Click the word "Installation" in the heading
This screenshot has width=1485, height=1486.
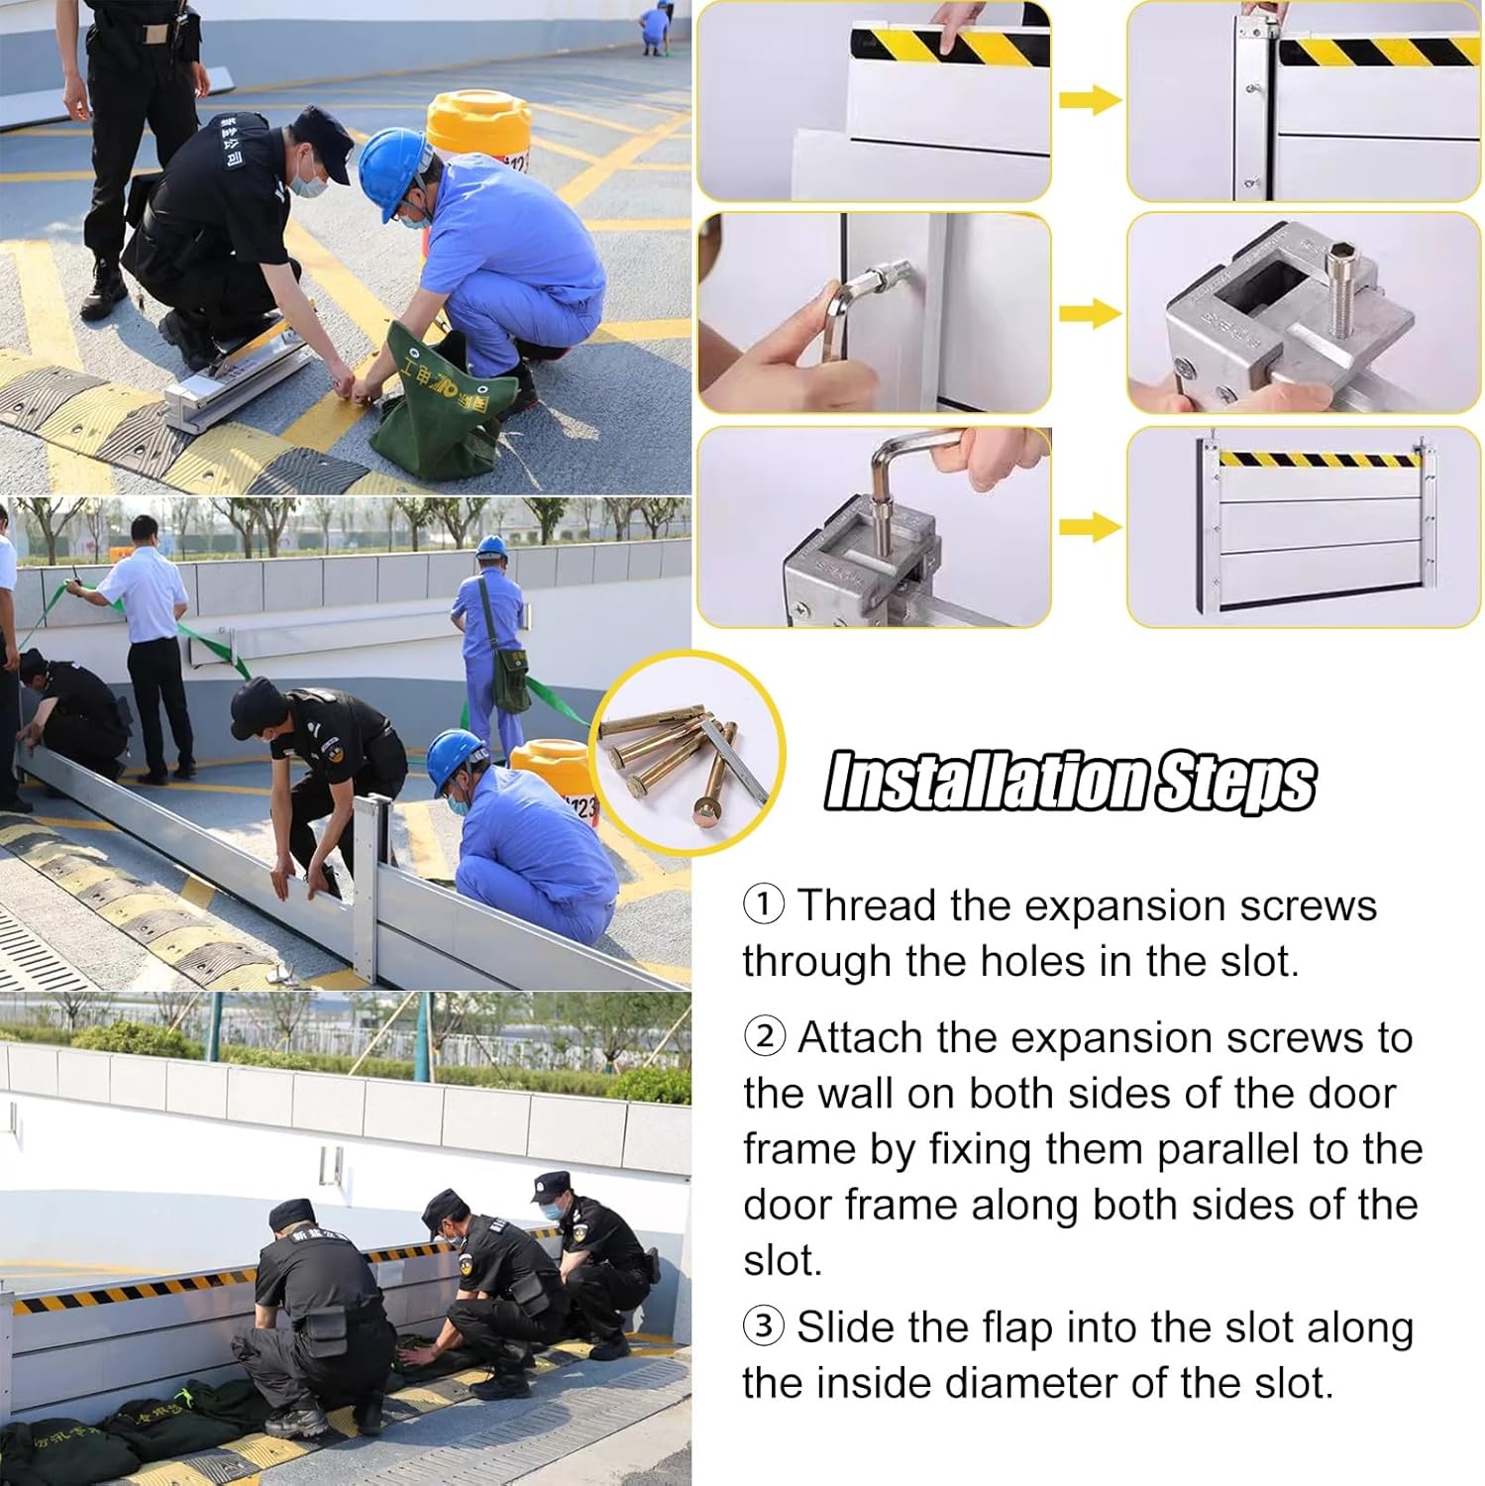tap(987, 782)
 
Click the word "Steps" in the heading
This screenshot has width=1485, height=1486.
tap(1234, 782)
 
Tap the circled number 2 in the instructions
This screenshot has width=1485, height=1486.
tap(764, 1037)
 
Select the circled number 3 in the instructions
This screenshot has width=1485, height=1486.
tap(764, 1326)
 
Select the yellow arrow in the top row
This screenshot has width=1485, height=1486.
tap(1089, 100)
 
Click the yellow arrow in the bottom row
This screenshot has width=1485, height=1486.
tap(1089, 526)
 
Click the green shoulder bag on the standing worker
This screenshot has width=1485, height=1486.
tap(511, 679)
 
